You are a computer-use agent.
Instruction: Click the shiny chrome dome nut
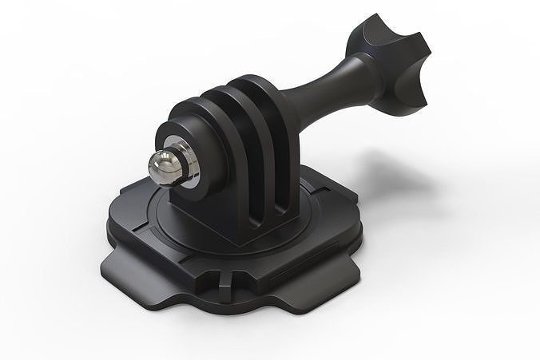click(x=164, y=163)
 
